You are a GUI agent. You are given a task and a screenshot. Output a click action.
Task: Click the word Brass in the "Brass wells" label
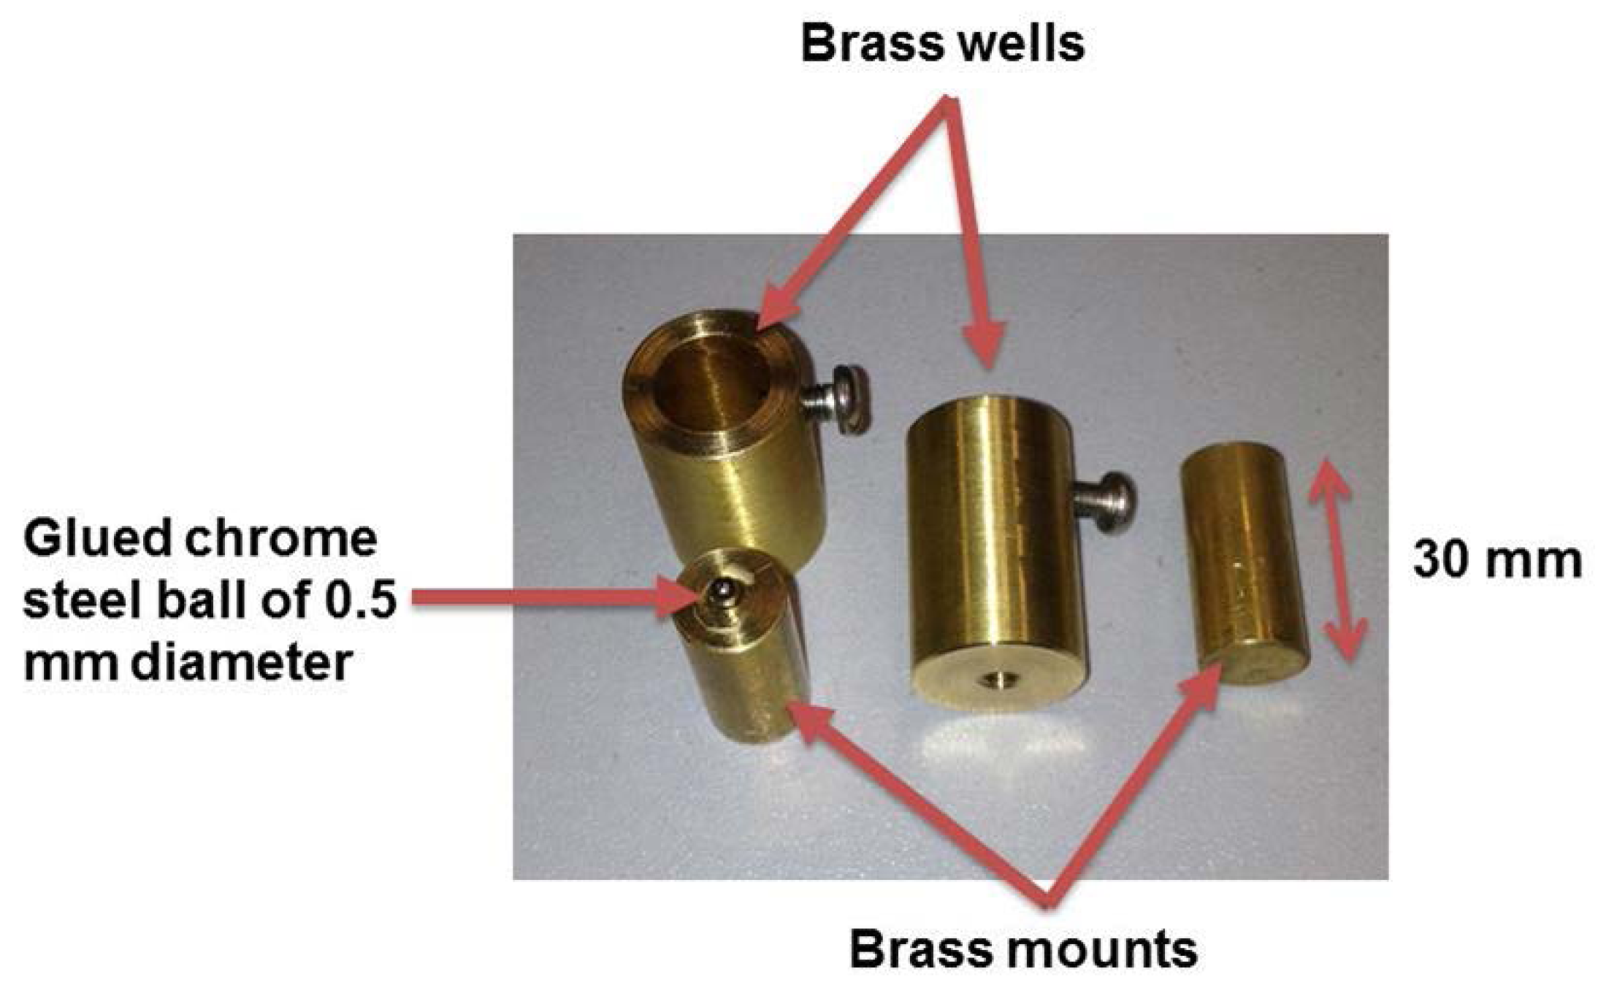(867, 44)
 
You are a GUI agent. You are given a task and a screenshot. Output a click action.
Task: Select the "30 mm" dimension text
(1497, 561)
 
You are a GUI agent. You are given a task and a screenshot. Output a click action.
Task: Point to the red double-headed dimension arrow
(1336, 559)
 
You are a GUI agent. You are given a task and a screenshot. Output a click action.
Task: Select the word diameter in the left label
(241, 663)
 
